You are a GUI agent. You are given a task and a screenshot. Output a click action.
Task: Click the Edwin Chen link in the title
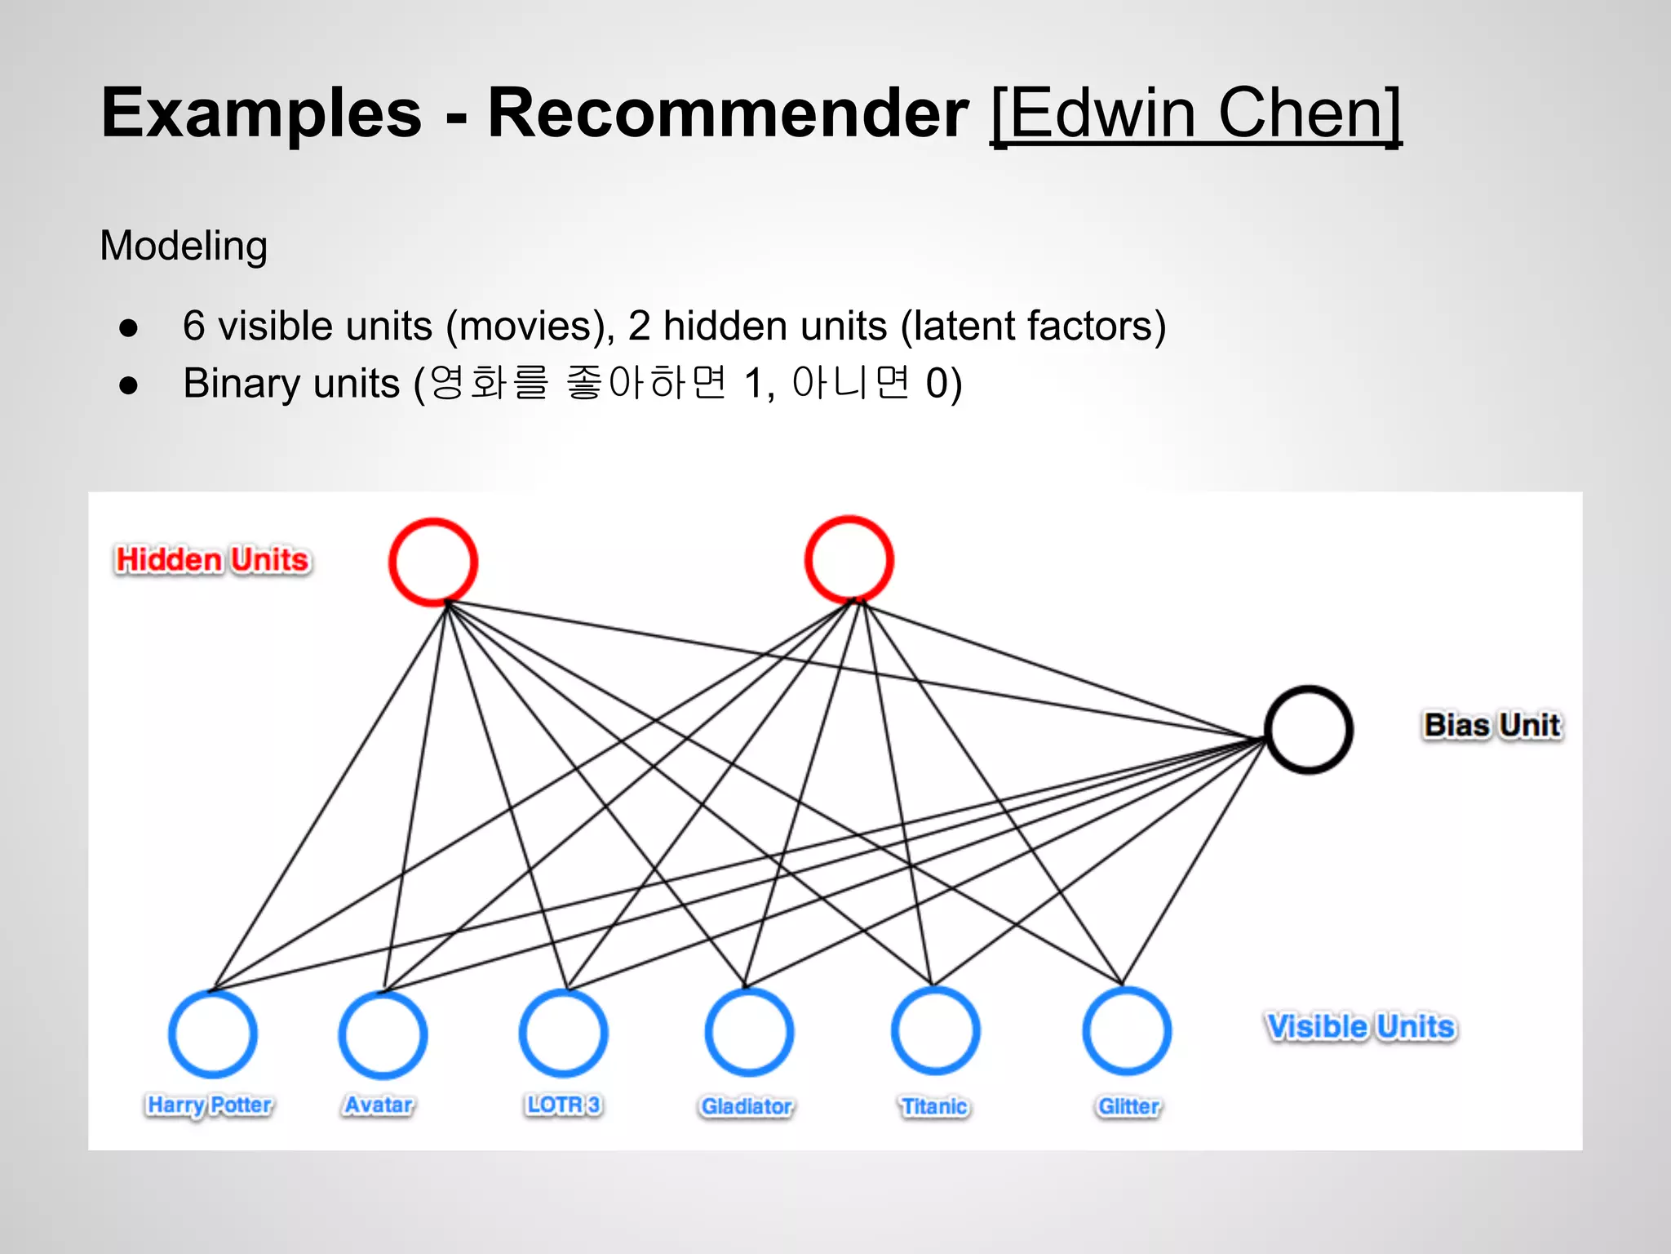[1195, 114]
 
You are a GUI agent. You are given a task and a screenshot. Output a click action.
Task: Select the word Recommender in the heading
[728, 114]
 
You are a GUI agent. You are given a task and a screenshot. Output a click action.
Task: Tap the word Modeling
[184, 246]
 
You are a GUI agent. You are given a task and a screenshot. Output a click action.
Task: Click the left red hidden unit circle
[432, 562]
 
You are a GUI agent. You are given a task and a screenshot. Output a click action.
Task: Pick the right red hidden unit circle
[849, 560]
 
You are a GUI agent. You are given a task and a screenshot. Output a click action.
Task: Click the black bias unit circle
[1308, 729]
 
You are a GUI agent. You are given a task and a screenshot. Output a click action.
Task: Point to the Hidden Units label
[212, 560]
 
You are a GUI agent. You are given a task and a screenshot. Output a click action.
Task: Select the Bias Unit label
[1492, 725]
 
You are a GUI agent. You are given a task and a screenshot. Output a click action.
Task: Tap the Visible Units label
[1360, 1026]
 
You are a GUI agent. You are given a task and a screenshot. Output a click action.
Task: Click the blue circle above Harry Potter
[213, 1034]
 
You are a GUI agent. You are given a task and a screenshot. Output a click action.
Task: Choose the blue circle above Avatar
[383, 1034]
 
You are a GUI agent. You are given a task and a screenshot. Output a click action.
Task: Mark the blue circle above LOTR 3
[563, 1033]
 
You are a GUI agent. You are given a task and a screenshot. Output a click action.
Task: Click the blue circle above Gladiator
[749, 1032]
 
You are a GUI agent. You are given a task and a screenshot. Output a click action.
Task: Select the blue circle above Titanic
[935, 1031]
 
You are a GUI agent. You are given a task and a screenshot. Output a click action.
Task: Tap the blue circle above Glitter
[1127, 1031]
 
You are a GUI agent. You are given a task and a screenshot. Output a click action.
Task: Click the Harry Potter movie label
[210, 1105]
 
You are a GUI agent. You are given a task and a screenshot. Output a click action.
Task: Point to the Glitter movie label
[1128, 1107]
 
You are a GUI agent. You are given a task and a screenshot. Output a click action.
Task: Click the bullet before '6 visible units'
[128, 328]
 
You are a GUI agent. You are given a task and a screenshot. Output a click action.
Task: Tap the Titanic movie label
[934, 1107]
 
